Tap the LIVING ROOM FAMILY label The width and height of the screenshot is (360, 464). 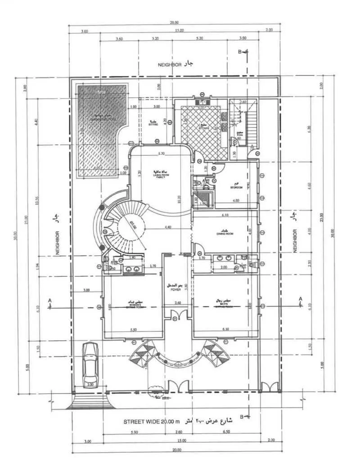point(159,175)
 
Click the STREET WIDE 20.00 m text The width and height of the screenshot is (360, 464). point(152,422)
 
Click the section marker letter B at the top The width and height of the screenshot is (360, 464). point(240,52)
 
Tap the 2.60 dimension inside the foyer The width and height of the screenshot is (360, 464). point(177,303)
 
